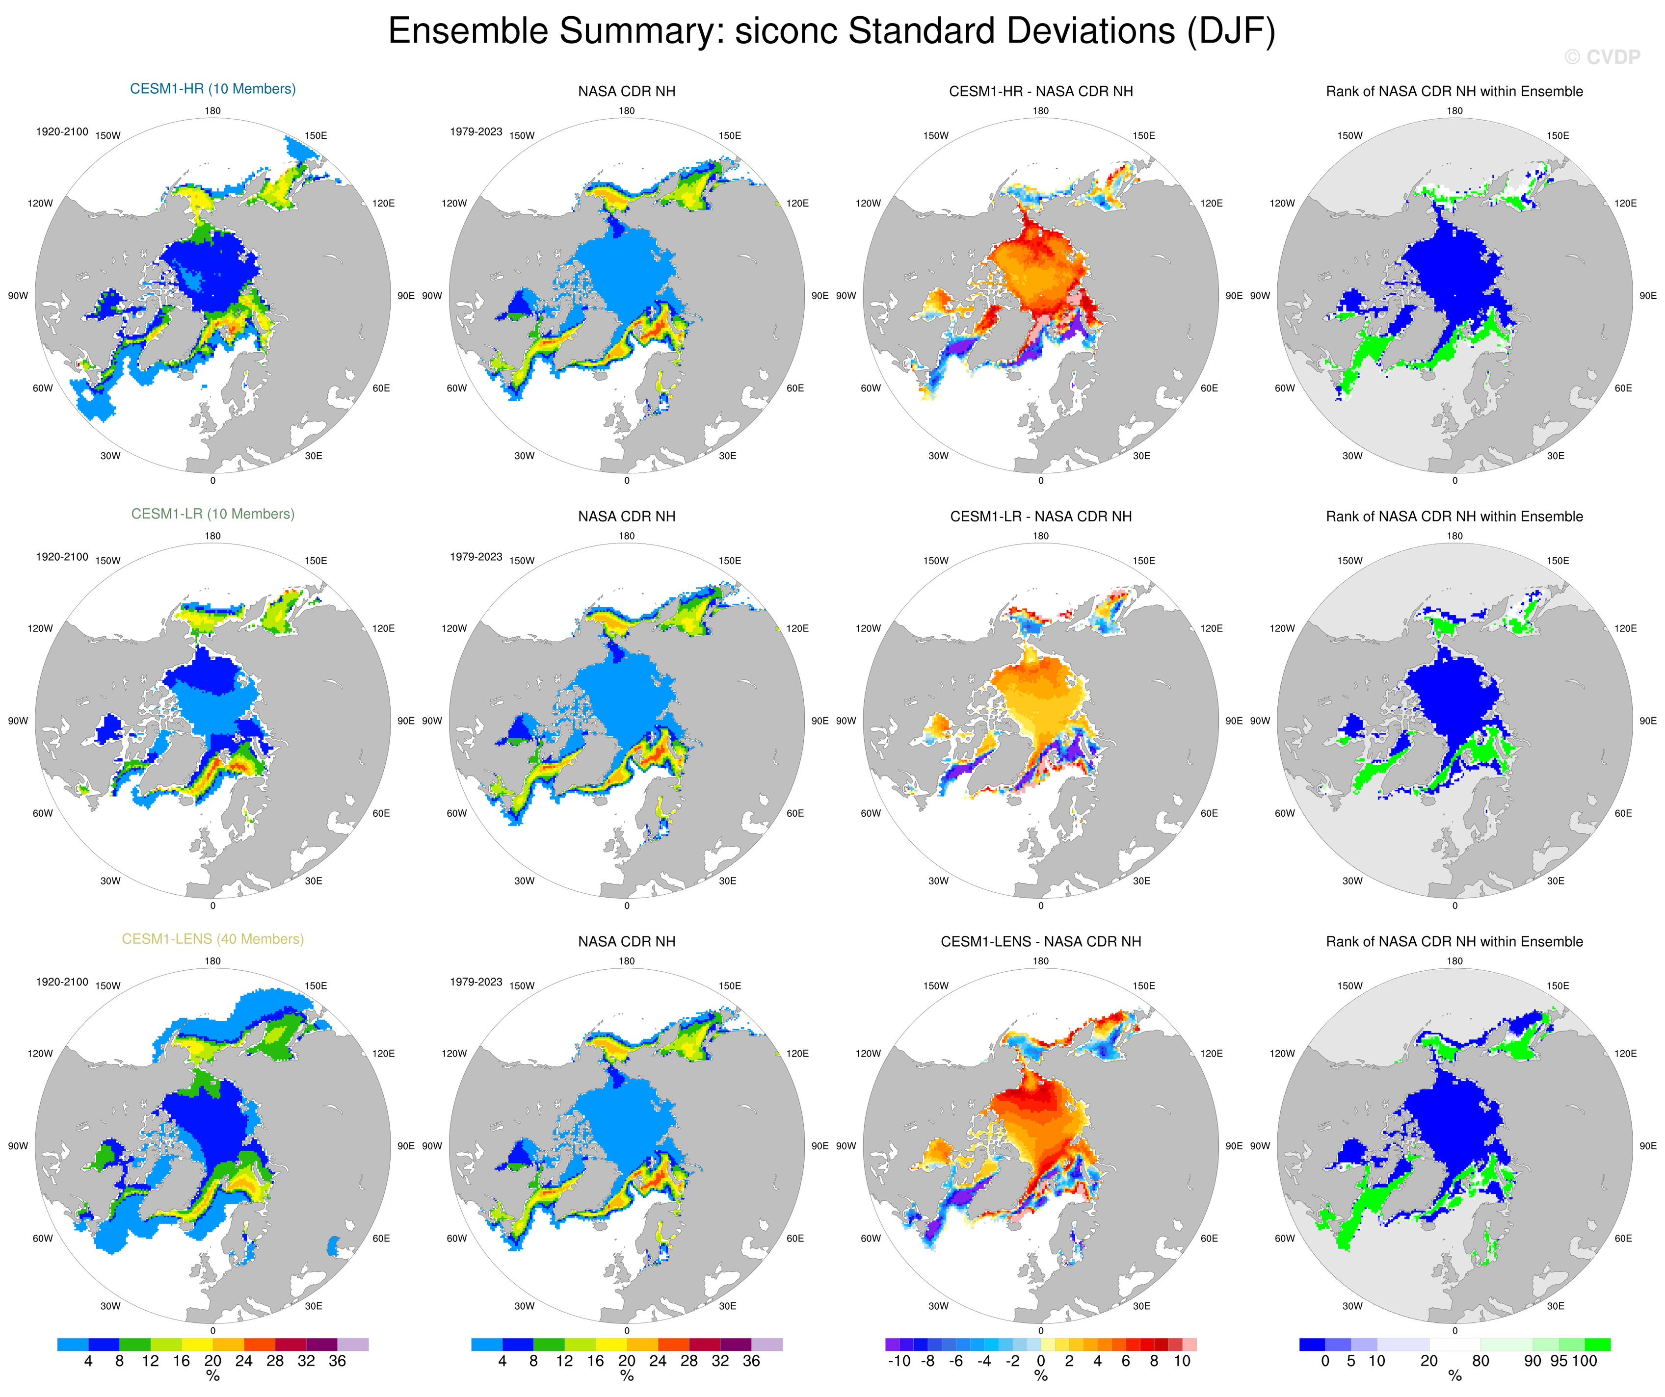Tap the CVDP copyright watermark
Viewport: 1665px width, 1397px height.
tap(1602, 57)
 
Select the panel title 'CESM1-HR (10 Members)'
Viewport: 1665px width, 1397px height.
tap(212, 89)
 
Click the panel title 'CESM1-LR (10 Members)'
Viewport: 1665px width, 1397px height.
tap(212, 514)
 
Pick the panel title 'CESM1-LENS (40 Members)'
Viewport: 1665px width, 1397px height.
tap(212, 939)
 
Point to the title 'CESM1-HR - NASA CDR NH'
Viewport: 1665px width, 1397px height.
tap(1040, 91)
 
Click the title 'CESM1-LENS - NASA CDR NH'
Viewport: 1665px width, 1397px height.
tap(1040, 941)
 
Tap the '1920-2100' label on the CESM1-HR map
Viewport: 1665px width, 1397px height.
tap(62, 131)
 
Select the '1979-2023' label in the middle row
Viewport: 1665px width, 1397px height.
tap(476, 556)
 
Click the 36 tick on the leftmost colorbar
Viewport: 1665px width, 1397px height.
tap(337, 1361)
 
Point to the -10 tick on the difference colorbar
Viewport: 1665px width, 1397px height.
tap(899, 1361)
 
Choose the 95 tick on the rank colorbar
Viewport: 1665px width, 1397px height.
tap(1559, 1361)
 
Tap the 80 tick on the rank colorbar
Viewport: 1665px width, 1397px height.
tap(1480, 1361)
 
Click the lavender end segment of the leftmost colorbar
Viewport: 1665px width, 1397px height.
tap(353, 1345)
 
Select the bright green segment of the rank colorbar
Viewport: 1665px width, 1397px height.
tap(1597, 1345)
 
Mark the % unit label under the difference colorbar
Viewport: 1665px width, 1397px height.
tap(1040, 1376)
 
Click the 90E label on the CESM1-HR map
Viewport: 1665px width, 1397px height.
tap(405, 296)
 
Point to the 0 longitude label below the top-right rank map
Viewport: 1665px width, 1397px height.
tap(1454, 480)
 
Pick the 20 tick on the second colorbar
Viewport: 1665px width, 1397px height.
tap(626, 1361)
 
